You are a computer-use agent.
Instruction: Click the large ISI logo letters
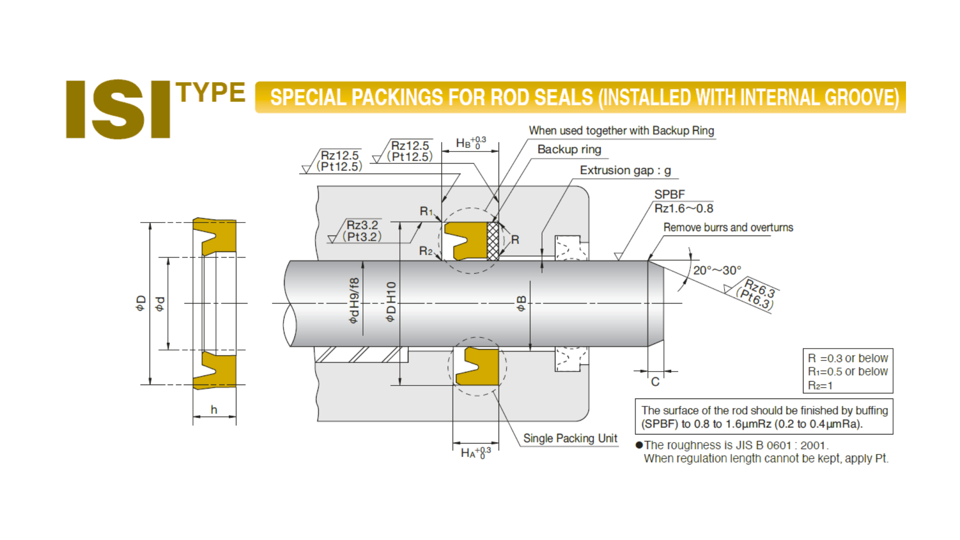pyautogui.click(x=118, y=108)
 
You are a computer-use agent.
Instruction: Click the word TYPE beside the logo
pyautogui.click(x=210, y=92)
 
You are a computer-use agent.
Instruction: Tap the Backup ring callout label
pyautogui.click(x=569, y=149)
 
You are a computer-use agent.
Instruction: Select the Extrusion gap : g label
pyautogui.click(x=625, y=170)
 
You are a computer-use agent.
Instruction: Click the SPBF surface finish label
pyautogui.click(x=669, y=194)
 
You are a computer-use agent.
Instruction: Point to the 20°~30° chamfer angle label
pyautogui.click(x=716, y=270)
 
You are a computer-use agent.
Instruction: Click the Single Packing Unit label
pyautogui.click(x=570, y=438)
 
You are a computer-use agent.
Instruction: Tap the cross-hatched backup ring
pyautogui.click(x=493, y=241)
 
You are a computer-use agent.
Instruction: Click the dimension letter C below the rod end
pyautogui.click(x=655, y=382)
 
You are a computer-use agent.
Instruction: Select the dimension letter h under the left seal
pyautogui.click(x=214, y=410)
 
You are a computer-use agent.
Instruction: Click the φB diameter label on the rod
pyautogui.click(x=521, y=303)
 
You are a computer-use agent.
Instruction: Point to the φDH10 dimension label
pyautogui.click(x=391, y=301)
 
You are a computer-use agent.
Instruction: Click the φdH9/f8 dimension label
pyautogui.click(x=353, y=300)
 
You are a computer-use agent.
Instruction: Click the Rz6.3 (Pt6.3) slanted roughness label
pyautogui.click(x=757, y=295)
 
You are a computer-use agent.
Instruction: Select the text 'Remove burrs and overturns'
pyautogui.click(x=728, y=227)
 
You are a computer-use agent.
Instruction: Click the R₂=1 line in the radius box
pyautogui.click(x=820, y=385)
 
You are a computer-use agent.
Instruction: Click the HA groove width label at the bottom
pyautogui.click(x=475, y=453)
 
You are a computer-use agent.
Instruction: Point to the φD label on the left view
pyautogui.click(x=140, y=303)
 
